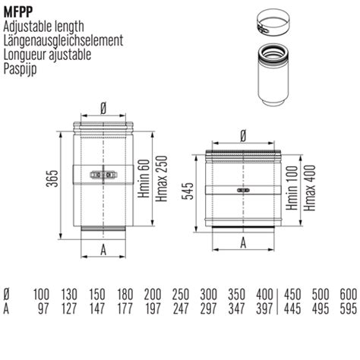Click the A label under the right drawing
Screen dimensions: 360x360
243,243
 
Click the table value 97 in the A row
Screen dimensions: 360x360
42,306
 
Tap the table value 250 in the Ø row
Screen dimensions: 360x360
180,293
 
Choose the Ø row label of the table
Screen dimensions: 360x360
7,293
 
